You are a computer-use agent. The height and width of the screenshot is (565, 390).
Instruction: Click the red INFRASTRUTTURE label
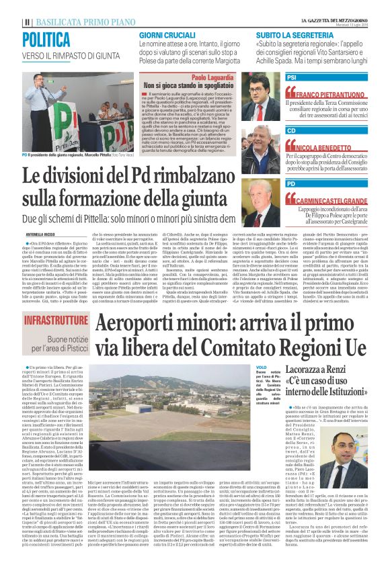pyautogui.click(x=58, y=321)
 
